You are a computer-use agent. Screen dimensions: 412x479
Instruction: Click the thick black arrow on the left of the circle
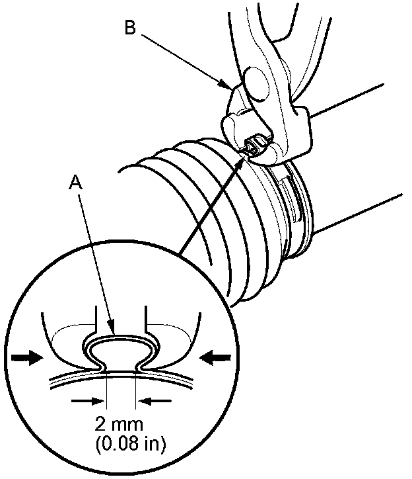(28, 357)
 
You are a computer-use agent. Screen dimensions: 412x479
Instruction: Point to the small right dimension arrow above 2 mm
(154, 400)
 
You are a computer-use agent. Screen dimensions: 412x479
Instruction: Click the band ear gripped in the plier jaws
(253, 146)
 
